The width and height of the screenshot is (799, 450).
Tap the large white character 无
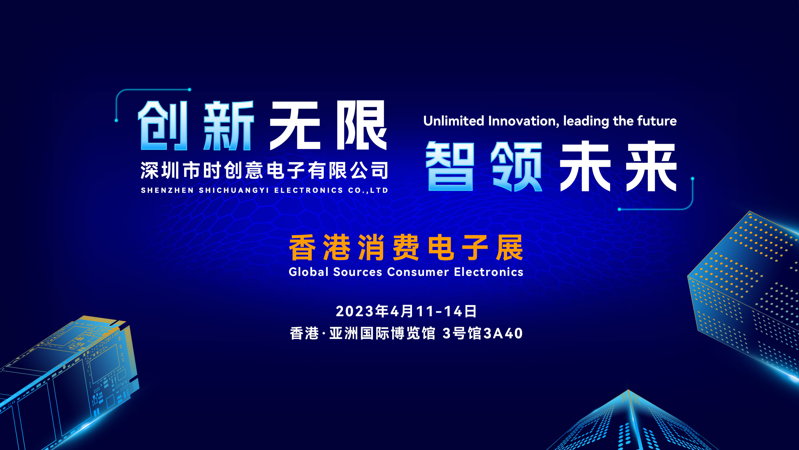coord(295,125)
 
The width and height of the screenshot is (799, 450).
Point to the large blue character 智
coord(450,166)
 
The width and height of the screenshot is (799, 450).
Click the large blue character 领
coord(516,166)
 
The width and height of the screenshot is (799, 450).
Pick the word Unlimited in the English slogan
coord(454,121)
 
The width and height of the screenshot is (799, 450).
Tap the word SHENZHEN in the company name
coord(167,190)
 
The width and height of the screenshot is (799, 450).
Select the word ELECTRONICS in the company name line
coord(309,190)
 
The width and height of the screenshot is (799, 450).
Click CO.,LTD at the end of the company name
coord(368,190)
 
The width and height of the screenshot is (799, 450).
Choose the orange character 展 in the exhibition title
coord(509,247)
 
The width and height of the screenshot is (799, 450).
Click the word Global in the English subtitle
coord(309,272)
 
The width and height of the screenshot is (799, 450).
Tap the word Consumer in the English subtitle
coord(418,272)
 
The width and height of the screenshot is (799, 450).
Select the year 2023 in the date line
coord(355,311)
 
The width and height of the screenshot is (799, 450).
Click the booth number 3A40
coord(503,333)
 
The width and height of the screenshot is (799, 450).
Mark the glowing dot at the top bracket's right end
coord(190,90)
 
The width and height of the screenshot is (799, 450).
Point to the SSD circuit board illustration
coord(69,382)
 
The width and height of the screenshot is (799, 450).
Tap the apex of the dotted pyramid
coord(628,390)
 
